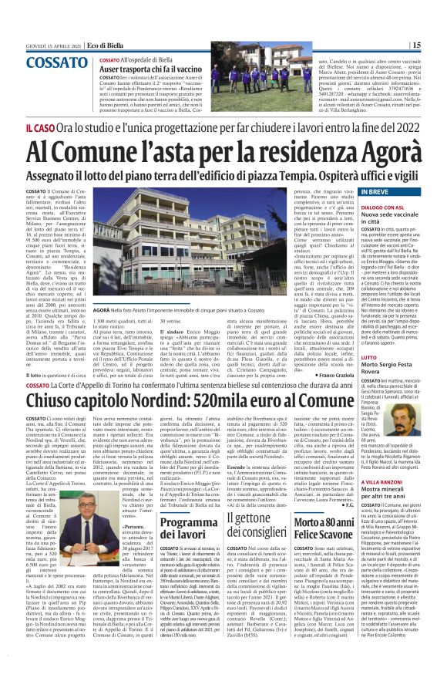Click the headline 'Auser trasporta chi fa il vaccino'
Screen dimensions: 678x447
155,69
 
